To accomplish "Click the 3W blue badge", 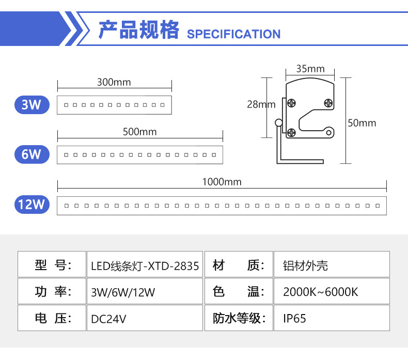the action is (32, 105).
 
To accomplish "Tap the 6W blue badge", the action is (32, 154).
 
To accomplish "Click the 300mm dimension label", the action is (114, 82).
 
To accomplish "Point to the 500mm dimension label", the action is (139, 131).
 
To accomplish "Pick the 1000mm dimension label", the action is (222, 182).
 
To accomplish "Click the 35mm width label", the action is (310, 69).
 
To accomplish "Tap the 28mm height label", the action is (261, 104).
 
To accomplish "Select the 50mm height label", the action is (362, 123).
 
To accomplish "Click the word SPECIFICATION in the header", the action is (233, 34).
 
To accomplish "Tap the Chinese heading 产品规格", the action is (138, 30).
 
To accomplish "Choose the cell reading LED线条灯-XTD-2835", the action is (145, 266).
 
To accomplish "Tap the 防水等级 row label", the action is (238, 318).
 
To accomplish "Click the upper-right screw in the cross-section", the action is (328, 103).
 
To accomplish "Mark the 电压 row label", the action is (51, 318).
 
